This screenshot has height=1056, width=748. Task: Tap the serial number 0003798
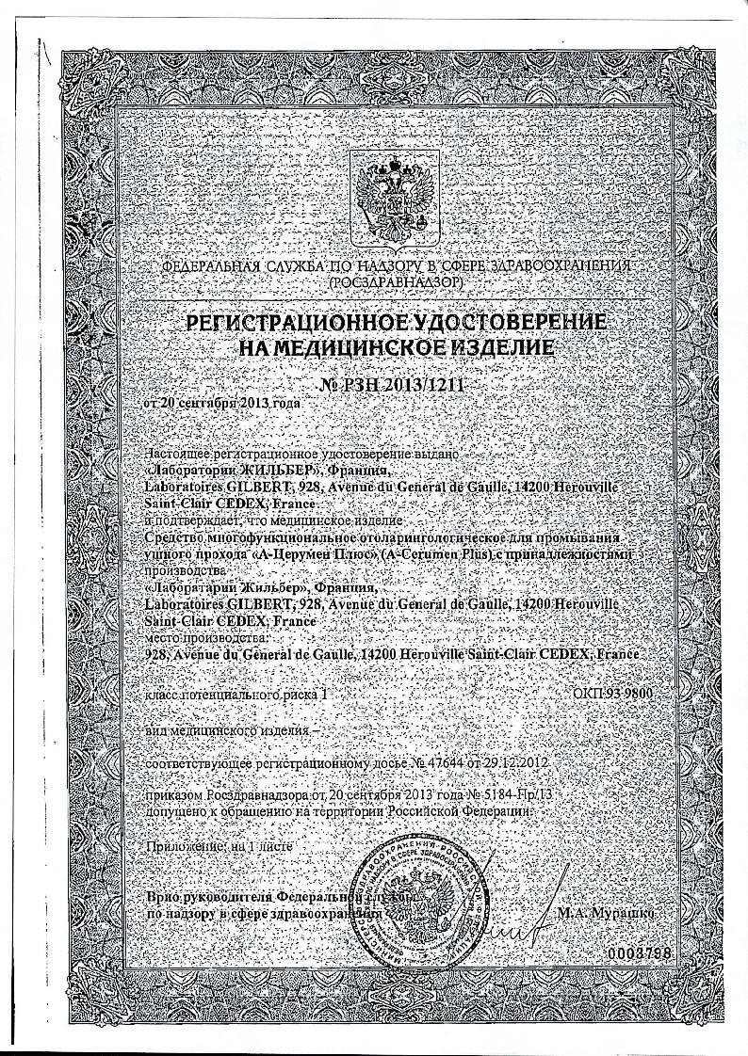(639, 953)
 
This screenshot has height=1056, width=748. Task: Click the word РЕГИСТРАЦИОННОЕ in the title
(295, 323)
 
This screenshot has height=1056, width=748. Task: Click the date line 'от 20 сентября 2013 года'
(222, 405)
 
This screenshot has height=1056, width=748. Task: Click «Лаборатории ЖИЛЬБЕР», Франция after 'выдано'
(268, 470)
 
